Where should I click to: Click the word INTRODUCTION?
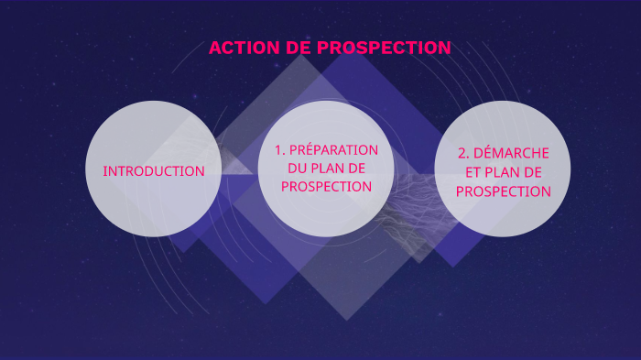click(154, 171)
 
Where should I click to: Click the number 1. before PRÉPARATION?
click(280, 149)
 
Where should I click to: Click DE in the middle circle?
click(362, 168)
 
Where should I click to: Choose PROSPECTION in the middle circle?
click(326, 186)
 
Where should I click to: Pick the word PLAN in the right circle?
click(496, 172)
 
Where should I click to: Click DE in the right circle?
click(531, 172)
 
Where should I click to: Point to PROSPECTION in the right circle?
click(503, 191)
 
